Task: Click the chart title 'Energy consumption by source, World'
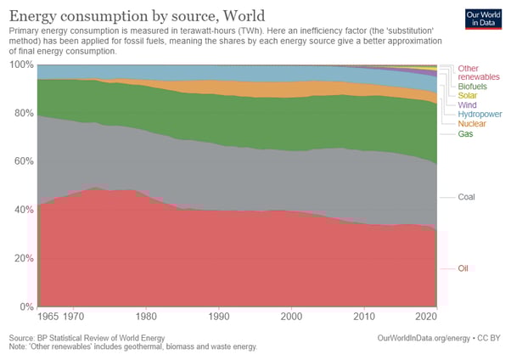[136, 15]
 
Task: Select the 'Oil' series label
[463, 268]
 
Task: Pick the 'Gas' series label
[465, 134]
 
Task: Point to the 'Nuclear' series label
[472, 124]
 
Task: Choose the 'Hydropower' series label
[480, 114]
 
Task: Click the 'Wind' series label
[467, 104]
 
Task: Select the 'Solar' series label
[468, 95]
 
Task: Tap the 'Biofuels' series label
[472, 86]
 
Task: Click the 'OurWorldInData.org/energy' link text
[419, 338]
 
